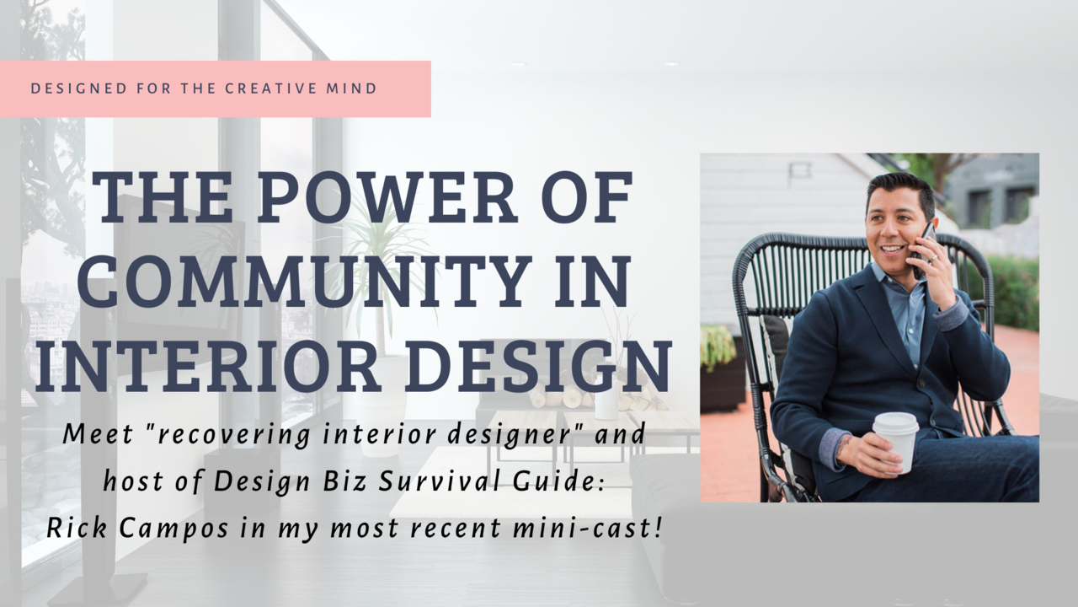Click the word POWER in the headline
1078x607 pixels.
pos(388,196)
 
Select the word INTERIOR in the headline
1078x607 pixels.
pos(208,366)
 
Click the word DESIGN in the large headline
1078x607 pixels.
pos(541,366)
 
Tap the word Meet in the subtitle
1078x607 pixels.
pos(98,434)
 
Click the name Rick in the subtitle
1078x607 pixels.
pos(77,528)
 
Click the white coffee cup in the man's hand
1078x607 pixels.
pos(895,442)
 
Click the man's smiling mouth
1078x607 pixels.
pos(893,250)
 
